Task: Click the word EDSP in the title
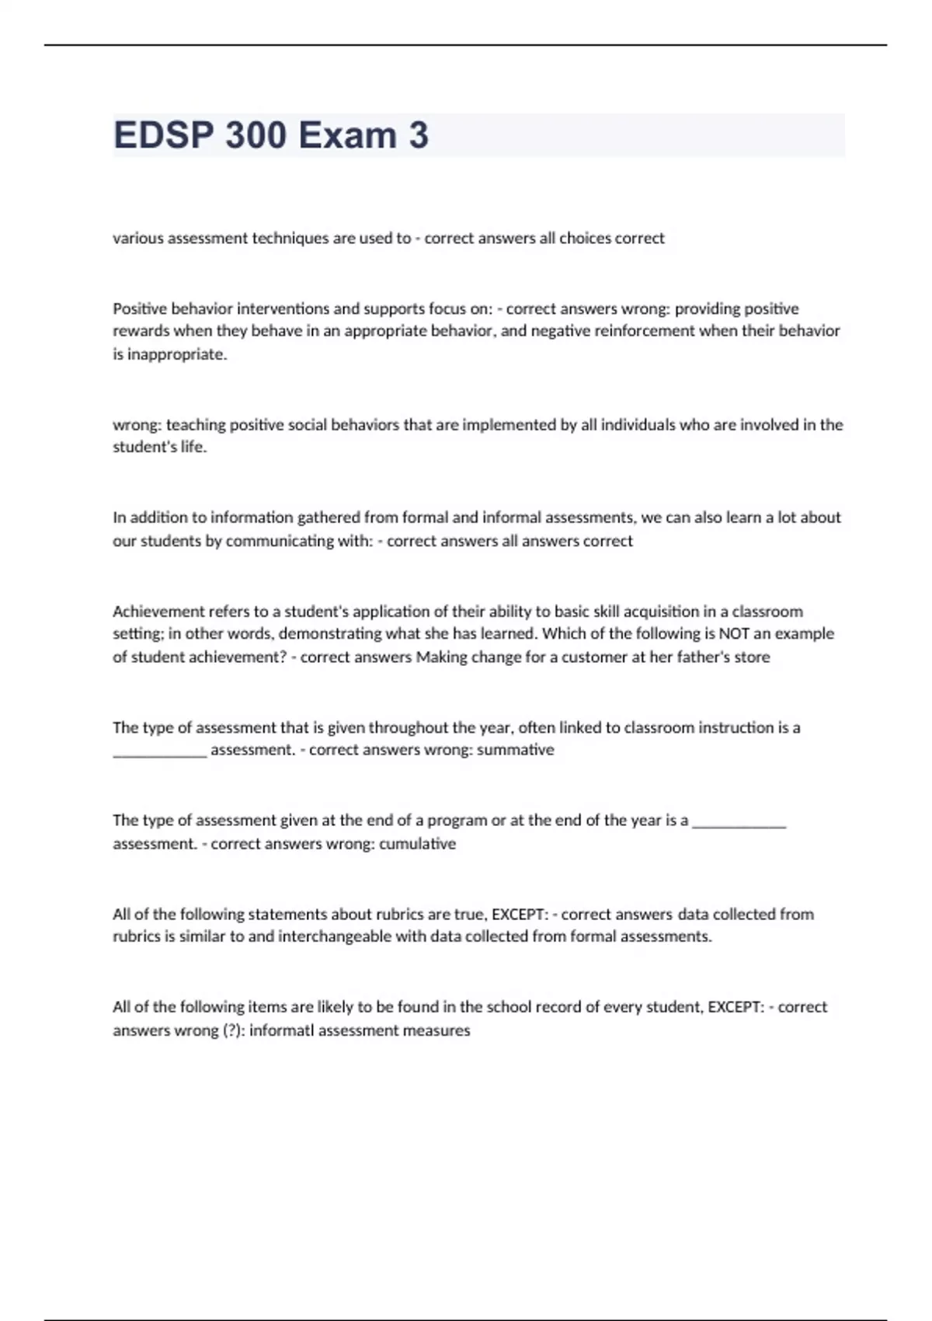pos(164,135)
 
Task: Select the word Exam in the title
pos(348,135)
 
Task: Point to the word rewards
pos(141,331)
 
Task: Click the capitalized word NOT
pos(734,634)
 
